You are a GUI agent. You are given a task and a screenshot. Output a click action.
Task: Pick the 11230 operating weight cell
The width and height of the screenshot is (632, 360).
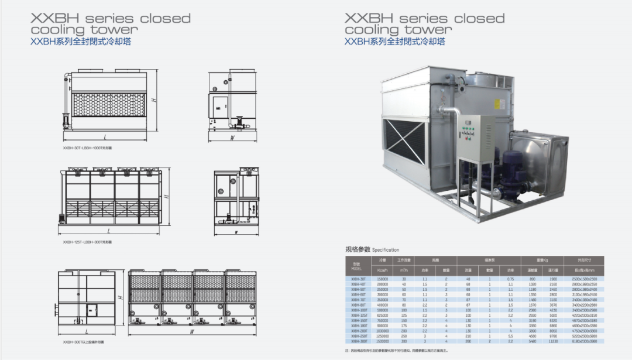pos(552,341)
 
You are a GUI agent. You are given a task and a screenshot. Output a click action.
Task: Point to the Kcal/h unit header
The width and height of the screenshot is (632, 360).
pos(383,270)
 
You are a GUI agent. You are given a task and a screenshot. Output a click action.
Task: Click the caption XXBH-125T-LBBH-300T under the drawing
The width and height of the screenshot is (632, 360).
pos(87,241)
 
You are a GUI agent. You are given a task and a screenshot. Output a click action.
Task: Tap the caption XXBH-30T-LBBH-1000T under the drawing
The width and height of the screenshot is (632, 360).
pos(87,148)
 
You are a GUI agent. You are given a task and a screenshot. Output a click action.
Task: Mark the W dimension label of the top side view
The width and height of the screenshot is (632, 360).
pos(232,138)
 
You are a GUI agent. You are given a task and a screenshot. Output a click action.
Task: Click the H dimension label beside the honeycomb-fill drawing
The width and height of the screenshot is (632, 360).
pos(153,100)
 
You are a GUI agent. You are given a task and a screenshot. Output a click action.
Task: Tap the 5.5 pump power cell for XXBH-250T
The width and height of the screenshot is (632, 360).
pos(510,337)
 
